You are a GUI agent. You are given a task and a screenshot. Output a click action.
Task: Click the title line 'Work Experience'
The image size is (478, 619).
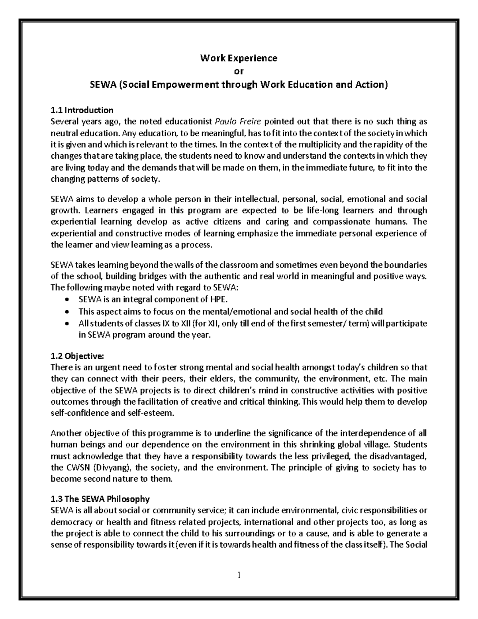(x=239, y=58)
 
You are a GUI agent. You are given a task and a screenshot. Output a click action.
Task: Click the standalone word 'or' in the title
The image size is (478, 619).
(x=239, y=71)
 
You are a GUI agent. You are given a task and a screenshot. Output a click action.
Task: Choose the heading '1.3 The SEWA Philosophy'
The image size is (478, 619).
(x=100, y=499)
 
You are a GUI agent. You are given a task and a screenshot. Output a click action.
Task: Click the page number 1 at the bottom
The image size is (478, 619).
(x=239, y=575)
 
